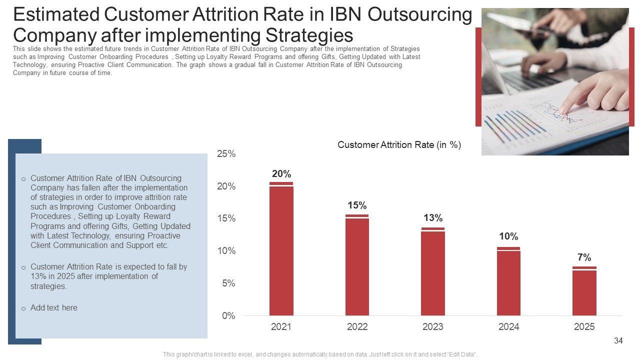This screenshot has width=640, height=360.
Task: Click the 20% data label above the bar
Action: (x=281, y=174)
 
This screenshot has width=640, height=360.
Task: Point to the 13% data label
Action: (x=433, y=218)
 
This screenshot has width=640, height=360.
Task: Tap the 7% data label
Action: (x=584, y=257)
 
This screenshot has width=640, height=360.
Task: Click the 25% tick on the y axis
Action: (x=226, y=154)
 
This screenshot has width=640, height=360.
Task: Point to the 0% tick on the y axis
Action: (x=228, y=316)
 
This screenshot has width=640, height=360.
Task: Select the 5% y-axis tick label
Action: (x=228, y=283)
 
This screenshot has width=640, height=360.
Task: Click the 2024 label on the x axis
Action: (x=508, y=327)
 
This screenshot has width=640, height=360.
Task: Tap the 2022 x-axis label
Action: (x=357, y=327)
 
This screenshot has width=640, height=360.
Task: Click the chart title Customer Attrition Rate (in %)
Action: (x=399, y=145)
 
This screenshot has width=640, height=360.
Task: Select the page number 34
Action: (x=618, y=341)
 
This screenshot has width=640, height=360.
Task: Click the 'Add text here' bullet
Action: (x=54, y=308)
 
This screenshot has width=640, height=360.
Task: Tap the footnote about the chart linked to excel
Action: (x=320, y=354)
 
